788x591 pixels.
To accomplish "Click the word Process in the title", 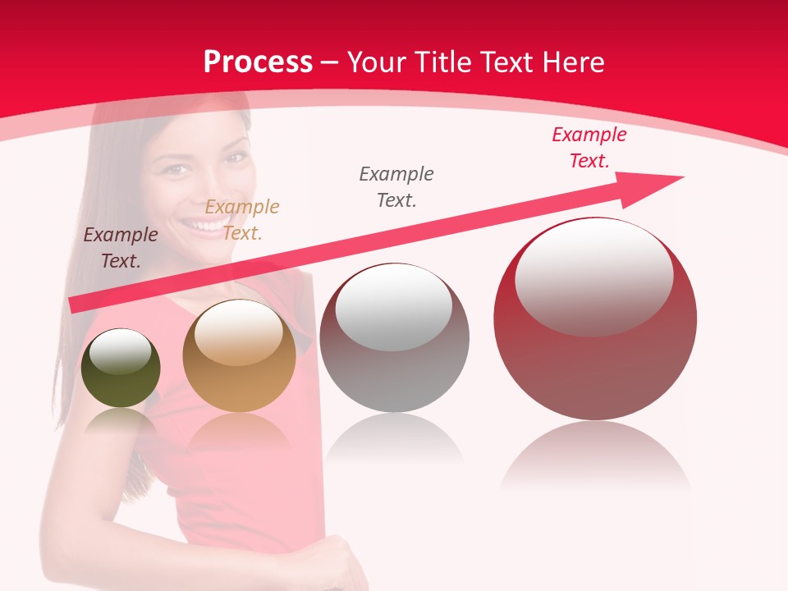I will (x=258, y=62).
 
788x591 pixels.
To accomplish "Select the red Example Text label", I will (x=589, y=148).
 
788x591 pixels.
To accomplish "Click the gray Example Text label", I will (x=396, y=186).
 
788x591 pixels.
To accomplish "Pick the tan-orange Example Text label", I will (x=242, y=219).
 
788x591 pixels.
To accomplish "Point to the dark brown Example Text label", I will (x=121, y=247).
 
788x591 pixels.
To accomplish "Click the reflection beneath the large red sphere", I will (x=595, y=456).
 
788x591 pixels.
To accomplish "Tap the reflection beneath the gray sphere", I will (x=394, y=439).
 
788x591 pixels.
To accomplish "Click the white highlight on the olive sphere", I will (x=121, y=352).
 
